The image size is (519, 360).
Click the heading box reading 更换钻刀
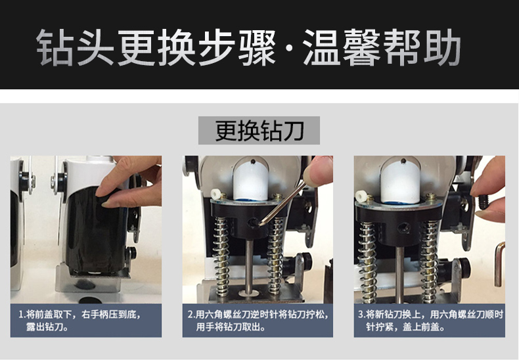pyautogui.click(x=259, y=130)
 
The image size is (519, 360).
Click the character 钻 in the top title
pyautogui.click(x=55, y=48)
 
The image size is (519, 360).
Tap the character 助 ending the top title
pyautogui.click(x=442, y=48)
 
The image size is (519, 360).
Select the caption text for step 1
pyautogui.click(x=79, y=321)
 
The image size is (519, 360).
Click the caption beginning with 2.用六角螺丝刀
pyautogui.click(x=258, y=321)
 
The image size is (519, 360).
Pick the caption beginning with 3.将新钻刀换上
pyautogui.click(x=430, y=321)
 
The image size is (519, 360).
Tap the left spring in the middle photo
pyautogui.click(x=221, y=256)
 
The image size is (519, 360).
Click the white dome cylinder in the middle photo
pyautogui.click(x=250, y=181)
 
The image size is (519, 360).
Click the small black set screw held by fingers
pyautogui.click(x=484, y=202)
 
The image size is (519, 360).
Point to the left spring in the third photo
pyautogui.click(x=368, y=261)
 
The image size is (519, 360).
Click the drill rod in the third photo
pyautogui.click(x=400, y=275)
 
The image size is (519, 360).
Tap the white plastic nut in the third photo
pyautogui.click(x=360, y=196)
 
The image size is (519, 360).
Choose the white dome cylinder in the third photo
pyautogui.click(x=401, y=182)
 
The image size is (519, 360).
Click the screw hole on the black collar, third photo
pyautogui.click(x=404, y=228)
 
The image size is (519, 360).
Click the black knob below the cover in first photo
pyautogui.click(x=131, y=253)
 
